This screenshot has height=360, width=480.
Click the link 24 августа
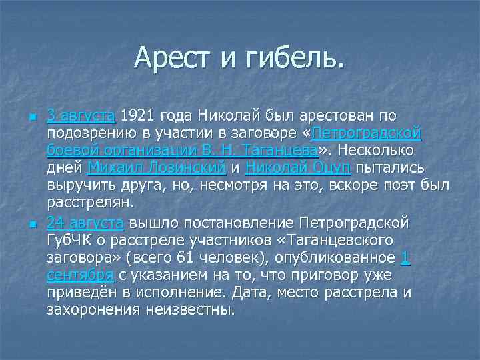86,222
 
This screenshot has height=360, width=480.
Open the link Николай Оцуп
299,167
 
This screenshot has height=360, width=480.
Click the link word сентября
79,275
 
